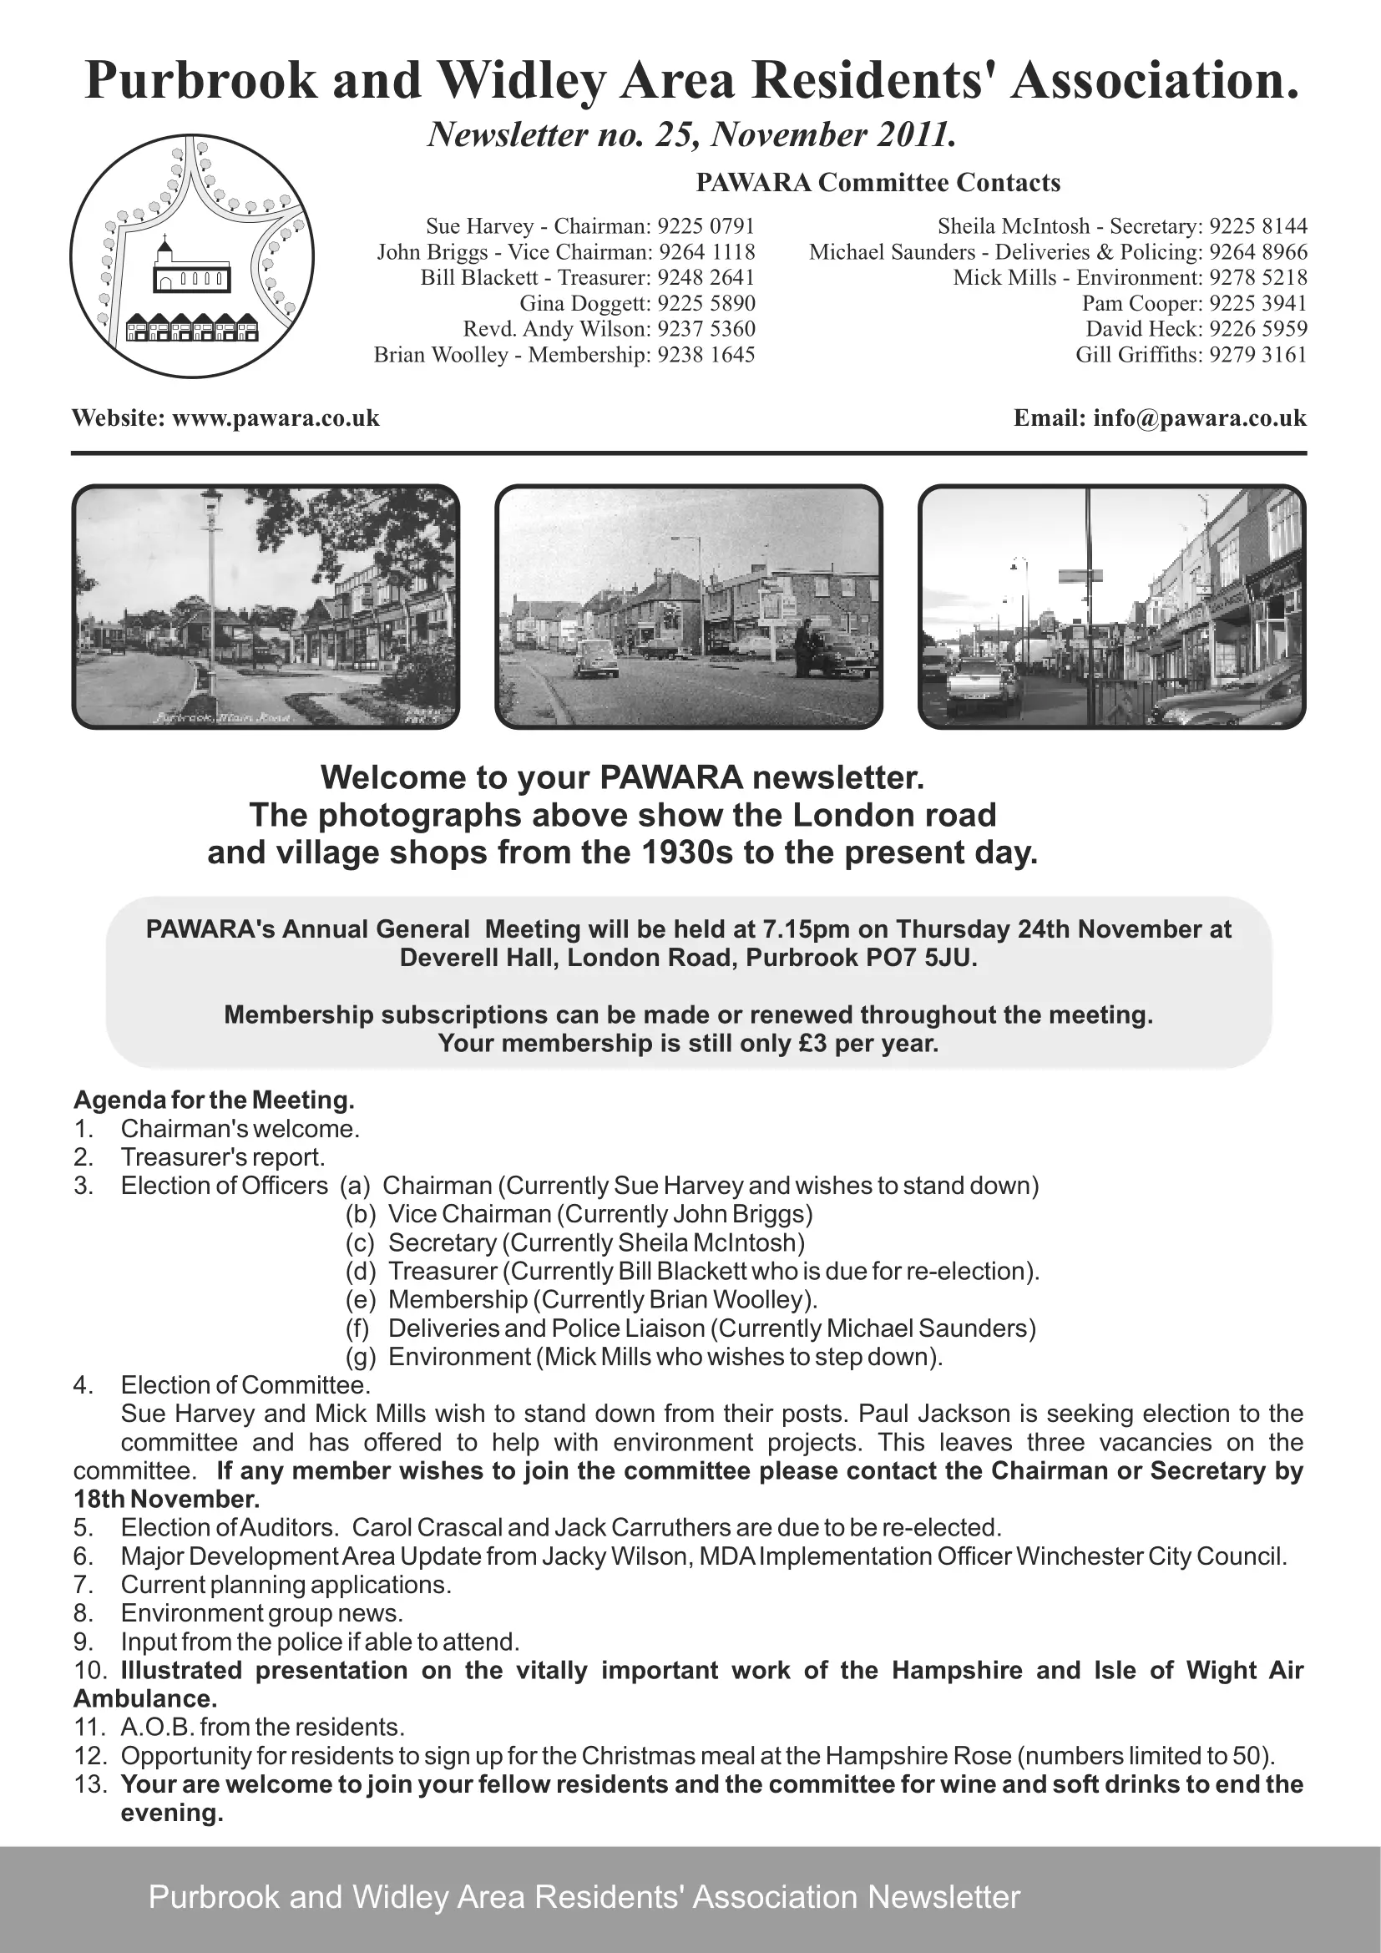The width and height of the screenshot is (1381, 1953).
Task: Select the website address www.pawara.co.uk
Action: (x=276, y=418)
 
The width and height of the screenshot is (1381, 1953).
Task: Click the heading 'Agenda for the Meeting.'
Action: (x=214, y=1100)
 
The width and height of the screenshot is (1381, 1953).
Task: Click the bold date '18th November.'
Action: (x=167, y=1499)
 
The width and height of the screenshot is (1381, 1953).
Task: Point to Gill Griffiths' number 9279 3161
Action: (x=1257, y=355)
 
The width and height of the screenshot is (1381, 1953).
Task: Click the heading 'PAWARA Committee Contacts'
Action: (x=878, y=183)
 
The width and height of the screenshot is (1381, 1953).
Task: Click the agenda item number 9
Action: (x=83, y=1642)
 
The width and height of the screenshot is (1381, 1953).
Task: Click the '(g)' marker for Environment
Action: (x=361, y=1357)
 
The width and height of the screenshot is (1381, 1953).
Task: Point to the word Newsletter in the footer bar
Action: (x=943, y=1898)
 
